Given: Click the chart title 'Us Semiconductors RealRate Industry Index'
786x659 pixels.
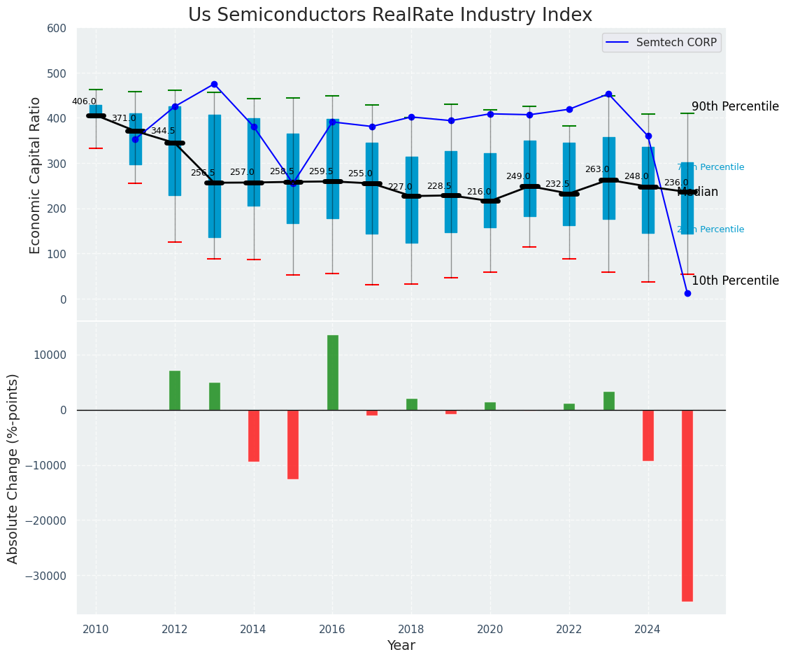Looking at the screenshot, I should click(x=390, y=15).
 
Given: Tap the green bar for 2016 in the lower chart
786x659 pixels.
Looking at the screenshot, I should click(x=333, y=372).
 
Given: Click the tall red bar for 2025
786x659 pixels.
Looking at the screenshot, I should click(x=687, y=505).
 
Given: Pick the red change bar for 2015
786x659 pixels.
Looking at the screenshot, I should click(x=293, y=444).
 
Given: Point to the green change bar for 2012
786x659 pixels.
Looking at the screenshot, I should click(x=175, y=390).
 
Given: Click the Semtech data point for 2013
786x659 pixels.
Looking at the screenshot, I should click(x=214, y=85).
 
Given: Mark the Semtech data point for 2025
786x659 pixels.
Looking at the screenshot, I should click(x=687, y=293).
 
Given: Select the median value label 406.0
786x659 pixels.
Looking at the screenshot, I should click(x=84, y=101).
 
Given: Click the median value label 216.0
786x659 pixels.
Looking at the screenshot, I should click(x=479, y=192).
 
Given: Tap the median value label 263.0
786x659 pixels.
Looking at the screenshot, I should click(x=597, y=169).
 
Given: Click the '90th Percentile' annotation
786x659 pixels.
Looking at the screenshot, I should click(x=735, y=107).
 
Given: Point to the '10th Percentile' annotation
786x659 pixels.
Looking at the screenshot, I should click(x=735, y=281).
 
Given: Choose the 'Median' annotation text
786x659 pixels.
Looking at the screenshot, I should click(x=699, y=192).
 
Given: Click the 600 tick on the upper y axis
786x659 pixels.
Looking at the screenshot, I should click(x=57, y=29).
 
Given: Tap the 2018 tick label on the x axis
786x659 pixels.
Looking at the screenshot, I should click(x=411, y=629).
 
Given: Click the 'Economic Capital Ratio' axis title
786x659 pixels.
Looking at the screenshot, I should click(x=36, y=163).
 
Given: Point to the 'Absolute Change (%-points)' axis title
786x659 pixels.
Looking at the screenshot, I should click(x=13, y=468).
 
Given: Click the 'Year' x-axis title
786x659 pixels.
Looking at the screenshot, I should click(x=401, y=646).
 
